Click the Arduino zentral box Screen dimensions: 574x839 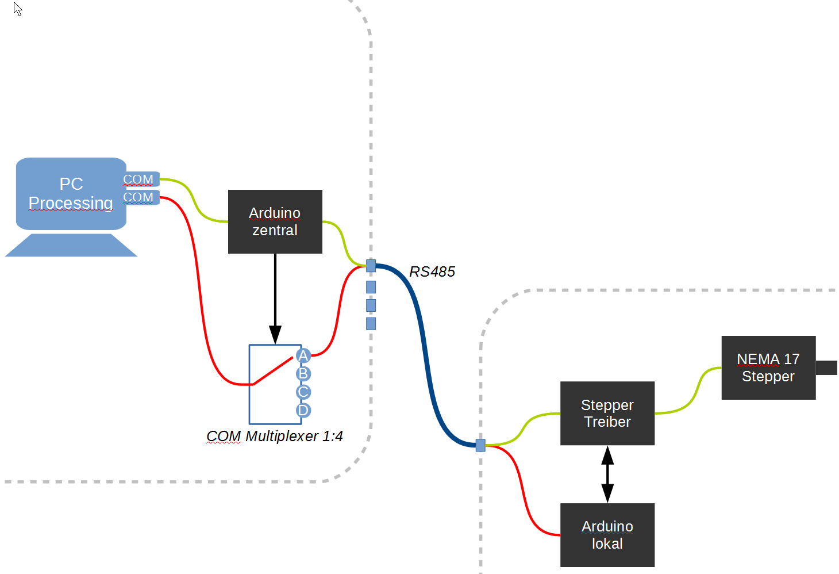(x=275, y=221)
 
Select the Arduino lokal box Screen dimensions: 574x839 (x=607, y=535)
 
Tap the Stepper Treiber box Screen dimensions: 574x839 (x=607, y=413)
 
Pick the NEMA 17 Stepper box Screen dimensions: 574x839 (x=768, y=368)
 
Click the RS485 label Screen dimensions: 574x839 (x=432, y=271)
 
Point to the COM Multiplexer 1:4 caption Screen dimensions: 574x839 (x=275, y=436)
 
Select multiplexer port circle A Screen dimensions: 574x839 (x=303, y=355)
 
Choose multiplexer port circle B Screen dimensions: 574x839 (x=303, y=374)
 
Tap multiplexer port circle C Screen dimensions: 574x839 (x=303, y=392)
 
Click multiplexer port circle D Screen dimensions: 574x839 (x=303, y=410)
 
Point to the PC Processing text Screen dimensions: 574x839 (x=71, y=193)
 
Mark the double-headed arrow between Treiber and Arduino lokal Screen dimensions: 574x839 (x=607, y=474)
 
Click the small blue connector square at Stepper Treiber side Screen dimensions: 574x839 (x=480, y=445)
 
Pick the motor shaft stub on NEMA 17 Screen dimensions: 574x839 (x=826, y=368)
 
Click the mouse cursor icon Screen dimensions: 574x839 (x=18, y=9)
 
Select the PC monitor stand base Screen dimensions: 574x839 (x=71, y=246)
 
